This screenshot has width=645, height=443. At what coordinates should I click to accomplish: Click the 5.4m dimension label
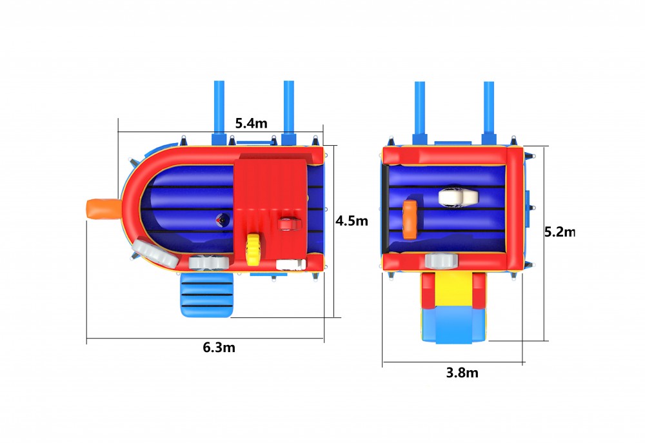click(x=251, y=123)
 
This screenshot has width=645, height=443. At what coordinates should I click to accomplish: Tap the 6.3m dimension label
click(x=219, y=348)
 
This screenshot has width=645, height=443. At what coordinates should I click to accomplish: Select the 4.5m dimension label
click(x=352, y=221)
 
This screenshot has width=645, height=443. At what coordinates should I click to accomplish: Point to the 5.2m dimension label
click(x=560, y=232)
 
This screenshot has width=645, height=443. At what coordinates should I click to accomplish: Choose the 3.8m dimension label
click(x=462, y=373)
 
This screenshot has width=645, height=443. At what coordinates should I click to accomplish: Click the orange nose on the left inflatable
click(x=104, y=209)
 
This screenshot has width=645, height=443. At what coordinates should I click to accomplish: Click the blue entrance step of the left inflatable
click(x=207, y=295)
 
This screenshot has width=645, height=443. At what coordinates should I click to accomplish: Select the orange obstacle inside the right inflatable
click(x=410, y=220)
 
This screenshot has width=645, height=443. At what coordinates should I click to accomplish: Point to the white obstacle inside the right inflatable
click(x=458, y=197)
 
